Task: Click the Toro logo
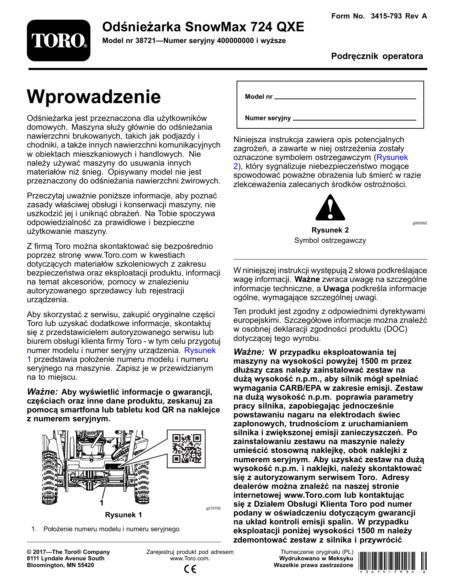pyautogui.click(x=59, y=40)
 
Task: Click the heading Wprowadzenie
pyautogui.click(x=94, y=97)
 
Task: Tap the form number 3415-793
pyautogui.click(x=386, y=16)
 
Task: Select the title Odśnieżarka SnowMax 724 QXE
pyautogui.click(x=203, y=27)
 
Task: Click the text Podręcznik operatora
pyautogui.click(x=377, y=56)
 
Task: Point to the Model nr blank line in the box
pyautogui.click(x=345, y=98)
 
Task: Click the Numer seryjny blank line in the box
pyautogui.click(x=354, y=119)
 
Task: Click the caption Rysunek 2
pyautogui.click(x=330, y=230)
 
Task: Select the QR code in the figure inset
pyautogui.click(x=186, y=448)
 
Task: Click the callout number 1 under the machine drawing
pyautogui.click(x=101, y=503)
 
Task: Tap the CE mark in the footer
pyautogui.click(x=190, y=569)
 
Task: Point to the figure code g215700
pyautogui.click(x=213, y=508)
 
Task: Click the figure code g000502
pyautogui.click(x=419, y=223)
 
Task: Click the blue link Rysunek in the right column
pyautogui.click(x=392, y=158)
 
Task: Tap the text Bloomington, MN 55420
pyautogui.click(x=60, y=565)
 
